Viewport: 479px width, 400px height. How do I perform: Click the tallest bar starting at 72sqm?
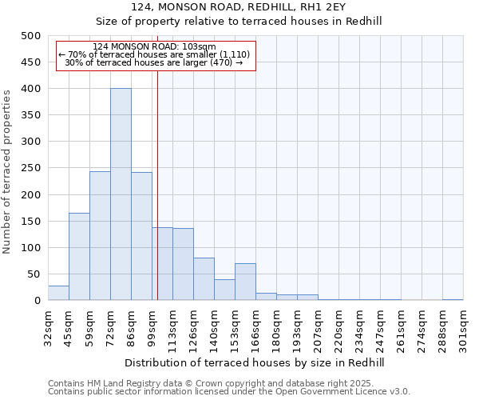(x=121, y=194)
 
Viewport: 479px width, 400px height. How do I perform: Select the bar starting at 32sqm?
(x=58, y=293)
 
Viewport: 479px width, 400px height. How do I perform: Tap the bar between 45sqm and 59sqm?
(x=79, y=257)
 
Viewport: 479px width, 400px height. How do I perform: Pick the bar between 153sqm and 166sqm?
(x=245, y=282)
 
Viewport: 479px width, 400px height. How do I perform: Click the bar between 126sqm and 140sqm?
(x=204, y=279)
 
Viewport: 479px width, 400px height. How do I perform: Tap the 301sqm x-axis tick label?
(x=463, y=326)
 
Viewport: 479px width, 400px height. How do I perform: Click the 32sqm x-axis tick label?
(x=48, y=326)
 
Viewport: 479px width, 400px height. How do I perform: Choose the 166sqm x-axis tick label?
(x=255, y=326)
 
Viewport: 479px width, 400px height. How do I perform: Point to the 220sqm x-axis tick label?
(x=338, y=326)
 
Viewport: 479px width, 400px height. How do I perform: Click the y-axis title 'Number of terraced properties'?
(x=7, y=171)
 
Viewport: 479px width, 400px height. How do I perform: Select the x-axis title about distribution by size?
(x=255, y=362)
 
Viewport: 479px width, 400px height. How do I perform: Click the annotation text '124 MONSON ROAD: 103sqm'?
(x=154, y=47)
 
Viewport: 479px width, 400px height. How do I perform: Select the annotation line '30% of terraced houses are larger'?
(x=154, y=62)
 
